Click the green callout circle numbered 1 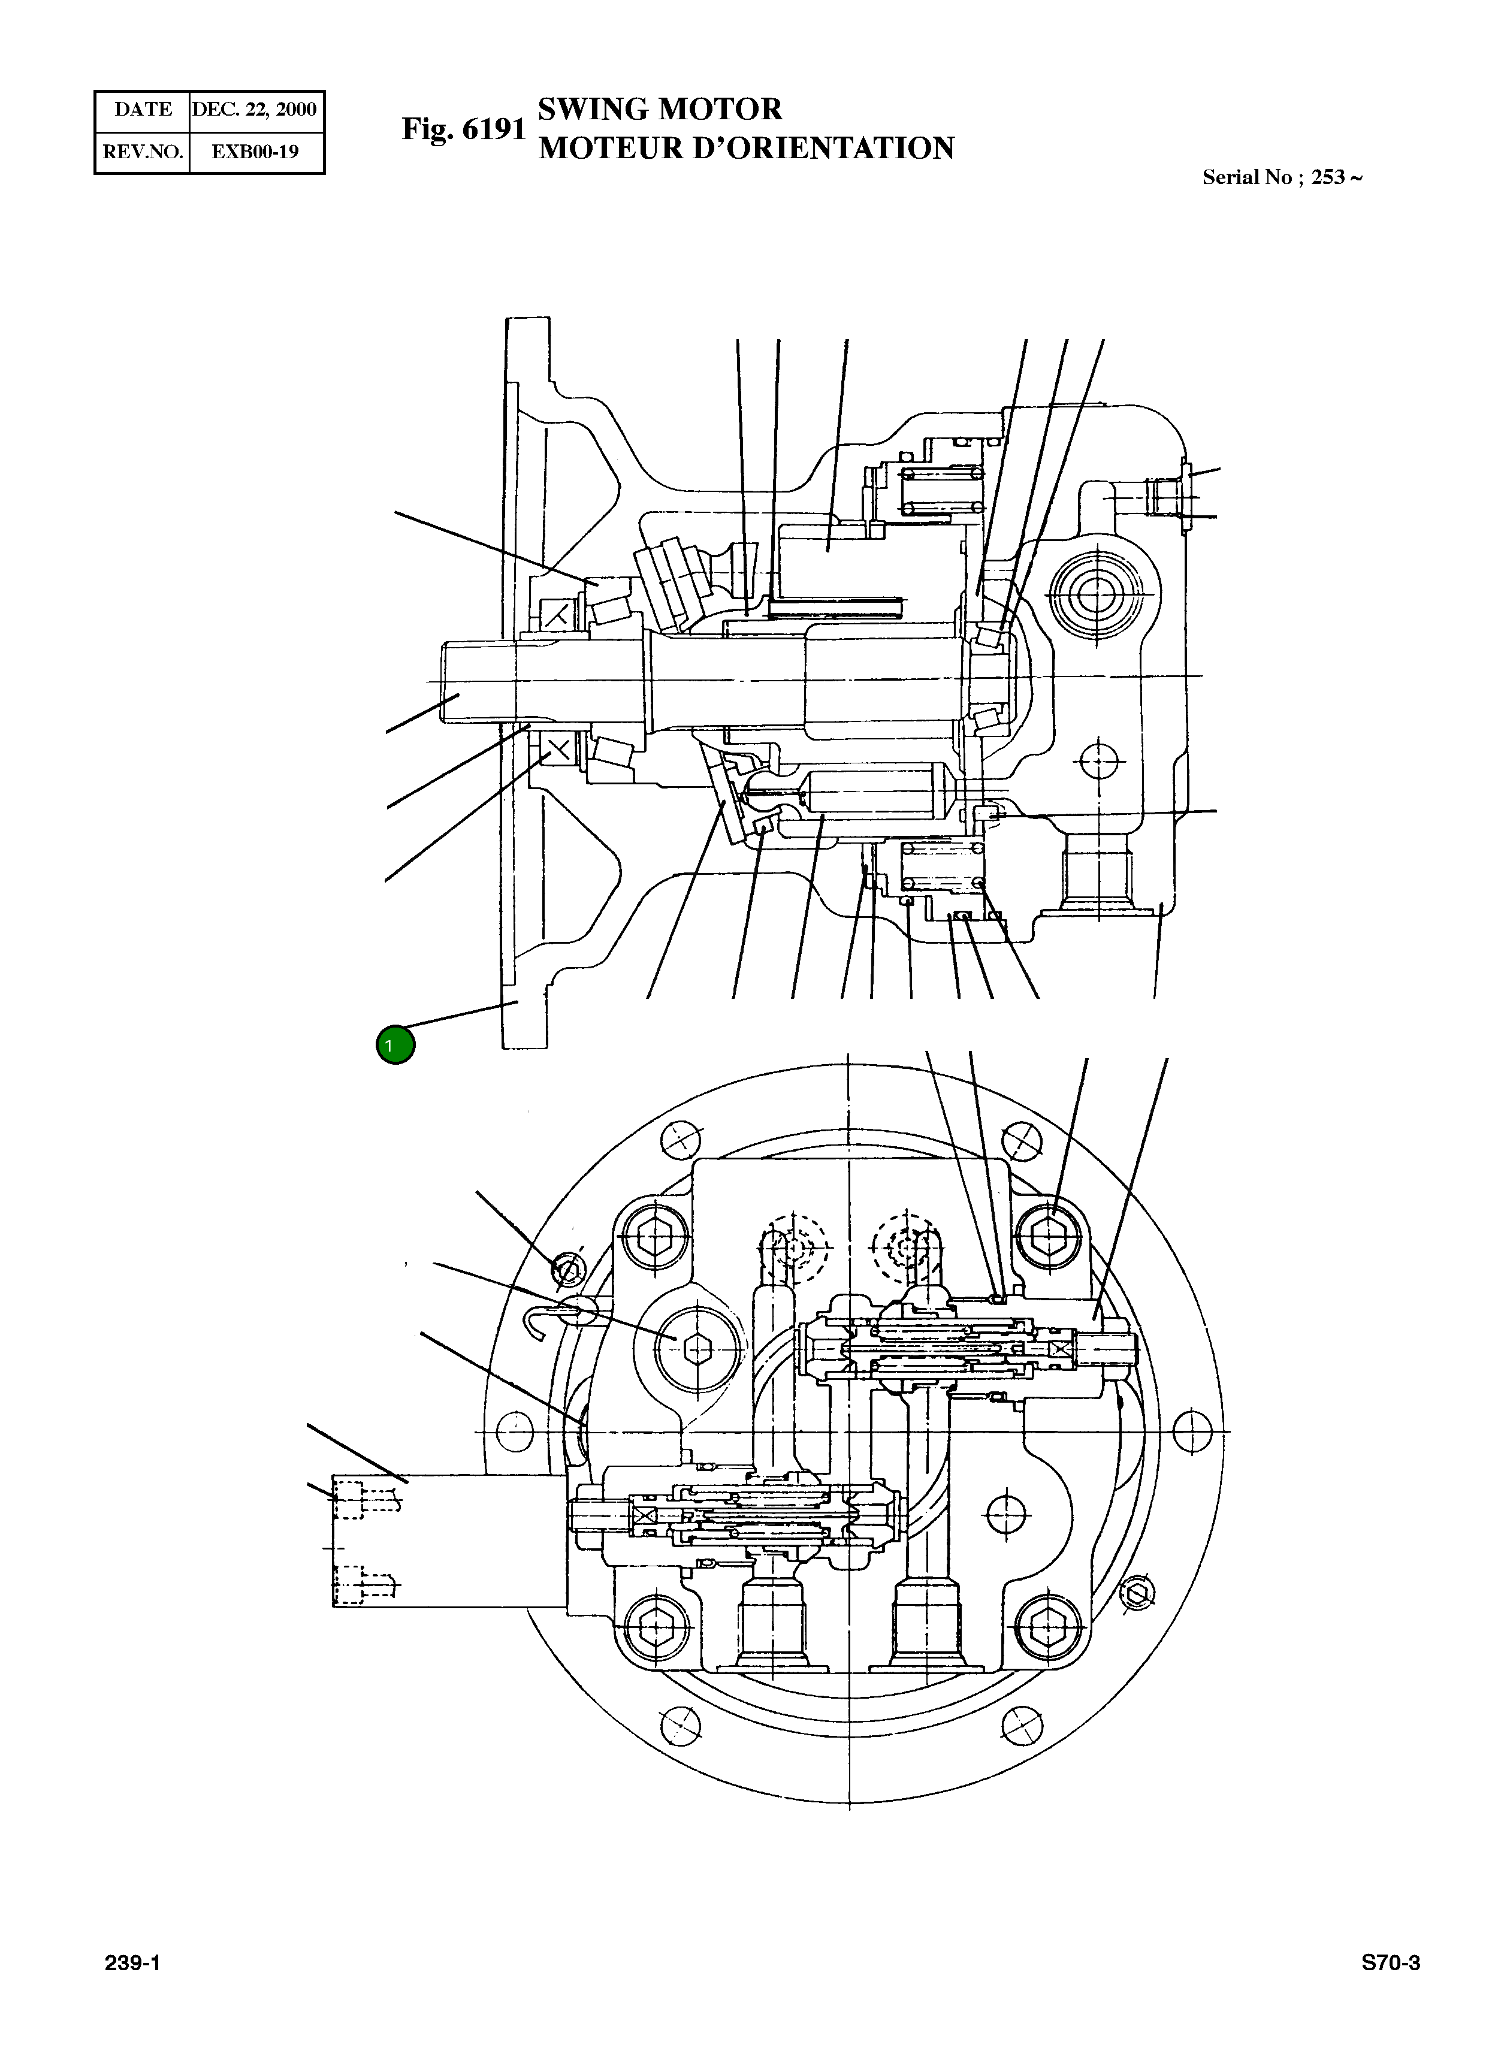395,1044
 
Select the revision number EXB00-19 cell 255,152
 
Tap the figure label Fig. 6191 463,129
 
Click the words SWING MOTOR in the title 659,109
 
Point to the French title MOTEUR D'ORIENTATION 746,148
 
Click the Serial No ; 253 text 1282,177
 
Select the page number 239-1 132,1963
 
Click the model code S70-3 1390,1963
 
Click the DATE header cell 143,110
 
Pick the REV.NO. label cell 143,152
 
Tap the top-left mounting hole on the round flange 681,1140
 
